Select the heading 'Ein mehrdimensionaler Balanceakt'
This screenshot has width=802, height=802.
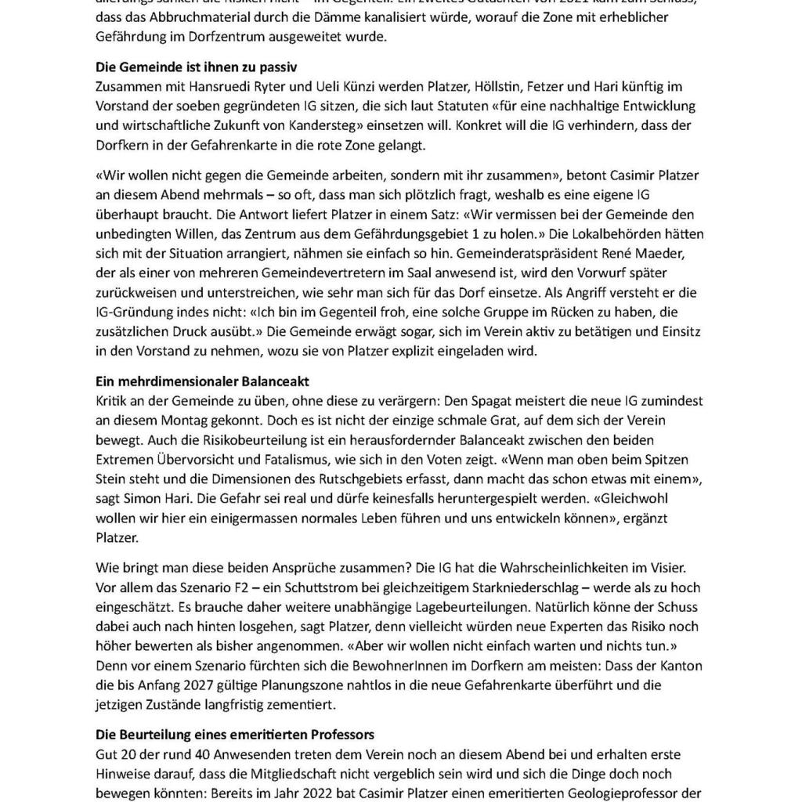click(x=202, y=381)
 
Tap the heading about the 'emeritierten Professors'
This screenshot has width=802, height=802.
click(x=235, y=735)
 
